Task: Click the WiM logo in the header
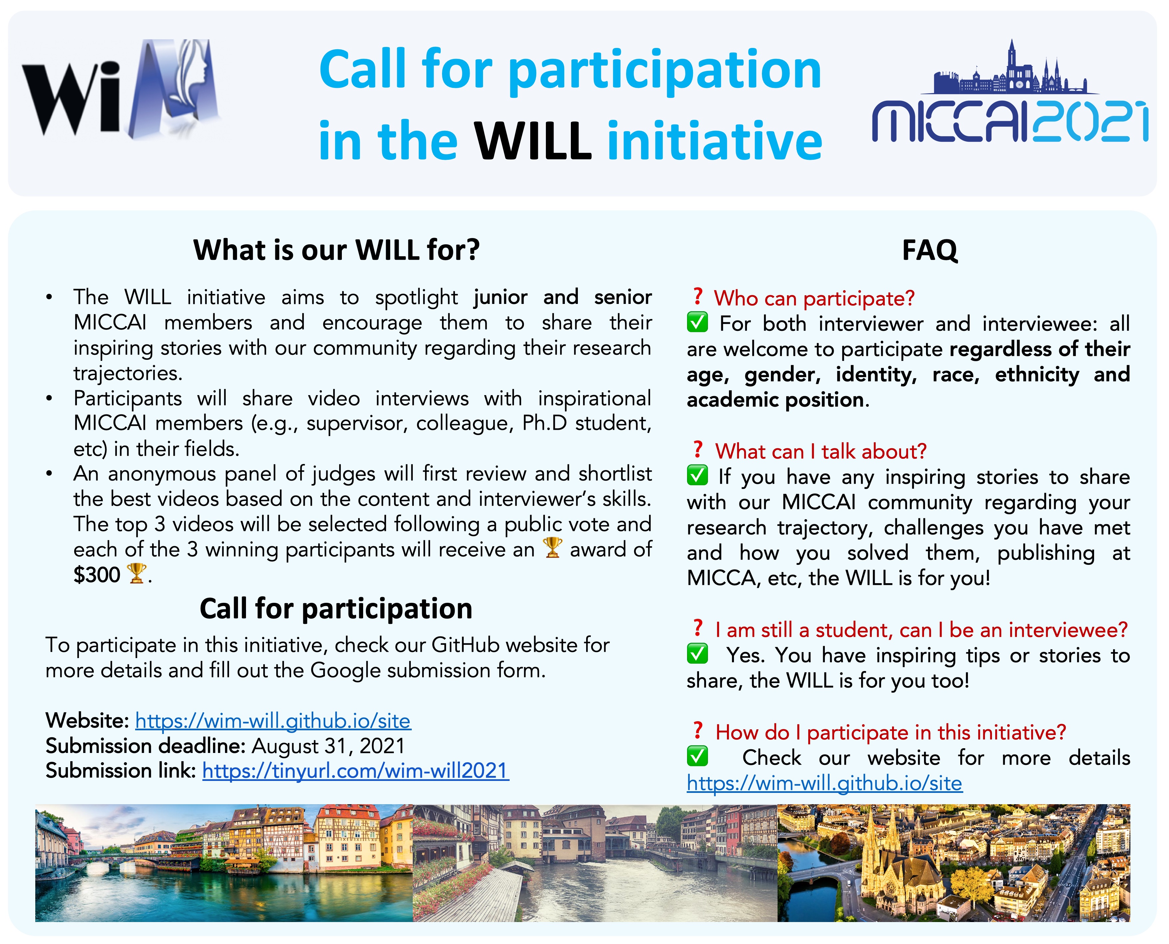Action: (121, 88)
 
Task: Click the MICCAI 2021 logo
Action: (1010, 91)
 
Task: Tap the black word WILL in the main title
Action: (533, 141)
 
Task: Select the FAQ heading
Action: (930, 251)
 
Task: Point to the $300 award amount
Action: (97, 575)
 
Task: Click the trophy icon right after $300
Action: (136, 574)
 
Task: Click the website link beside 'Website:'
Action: (273, 721)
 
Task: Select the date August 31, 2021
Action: (329, 746)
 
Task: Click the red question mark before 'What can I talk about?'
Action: (698, 449)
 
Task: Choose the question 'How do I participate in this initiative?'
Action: (891, 733)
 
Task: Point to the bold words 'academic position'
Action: (775, 400)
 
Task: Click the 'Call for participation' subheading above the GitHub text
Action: (336, 608)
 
